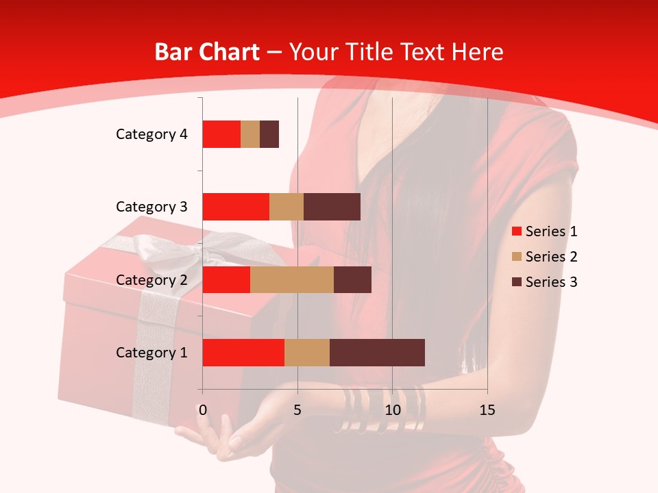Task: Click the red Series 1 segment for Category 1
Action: click(x=243, y=353)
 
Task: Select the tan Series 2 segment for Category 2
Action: click(x=292, y=279)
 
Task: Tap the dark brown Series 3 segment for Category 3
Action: click(x=332, y=207)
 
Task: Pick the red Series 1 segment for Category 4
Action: click(x=221, y=134)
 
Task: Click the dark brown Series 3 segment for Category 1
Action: click(x=377, y=353)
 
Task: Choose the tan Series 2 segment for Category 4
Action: click(x=250, y=134)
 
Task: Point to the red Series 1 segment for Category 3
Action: click(x=236, y=207)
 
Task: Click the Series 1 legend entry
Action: click(x=544, y=231)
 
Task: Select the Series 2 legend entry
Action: click(x=544, y=257)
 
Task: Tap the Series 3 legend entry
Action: click(x=544, y=282)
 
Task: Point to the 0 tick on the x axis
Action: click(x=202, y=410)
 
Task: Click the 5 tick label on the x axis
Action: click(x=297, y=410)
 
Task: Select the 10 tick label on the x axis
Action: click(x=392, y=410)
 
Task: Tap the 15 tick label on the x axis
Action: click(x=487, y=410)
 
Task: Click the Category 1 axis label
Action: click(x=151, y=353)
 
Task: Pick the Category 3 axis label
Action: click(x=151, y=207)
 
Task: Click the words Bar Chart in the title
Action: click(x=207, y=52)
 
